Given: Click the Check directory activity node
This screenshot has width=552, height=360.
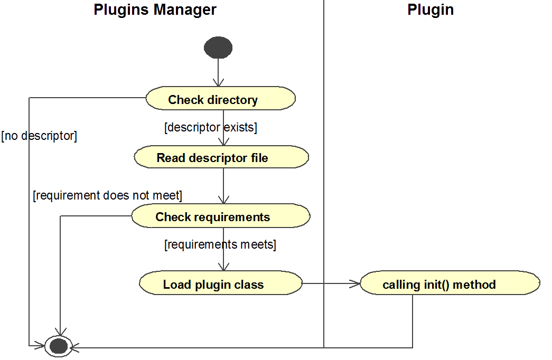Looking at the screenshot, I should point(220,99).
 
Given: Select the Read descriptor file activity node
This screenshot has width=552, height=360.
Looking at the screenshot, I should point(221,158).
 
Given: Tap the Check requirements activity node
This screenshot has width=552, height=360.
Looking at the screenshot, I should point(220,216).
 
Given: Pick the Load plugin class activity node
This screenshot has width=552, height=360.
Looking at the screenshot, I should point(220,284).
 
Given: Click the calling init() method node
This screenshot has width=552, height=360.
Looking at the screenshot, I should point(450,285).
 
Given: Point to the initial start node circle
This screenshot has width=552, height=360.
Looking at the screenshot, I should point(218,48).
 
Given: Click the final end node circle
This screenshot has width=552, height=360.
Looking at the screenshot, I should point(58,346).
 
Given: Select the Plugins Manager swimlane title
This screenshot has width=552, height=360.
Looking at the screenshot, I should point(155,10).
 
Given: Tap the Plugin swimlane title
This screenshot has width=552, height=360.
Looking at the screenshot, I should point(431,10).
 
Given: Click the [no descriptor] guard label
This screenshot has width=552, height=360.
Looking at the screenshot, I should point(40,136).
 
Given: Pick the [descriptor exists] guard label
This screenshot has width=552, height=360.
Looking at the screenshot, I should point(211,127).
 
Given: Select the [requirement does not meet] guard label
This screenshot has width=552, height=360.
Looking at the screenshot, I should point(107,196).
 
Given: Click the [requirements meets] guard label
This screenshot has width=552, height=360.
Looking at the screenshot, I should point(220,244).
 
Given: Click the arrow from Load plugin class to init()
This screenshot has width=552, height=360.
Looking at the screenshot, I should point(330,284).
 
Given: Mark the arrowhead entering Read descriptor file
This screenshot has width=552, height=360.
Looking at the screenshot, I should point(224,142).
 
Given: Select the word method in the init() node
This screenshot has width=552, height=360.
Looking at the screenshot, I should point(474,285).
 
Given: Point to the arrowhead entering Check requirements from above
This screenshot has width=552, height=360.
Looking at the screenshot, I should point(224,201).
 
